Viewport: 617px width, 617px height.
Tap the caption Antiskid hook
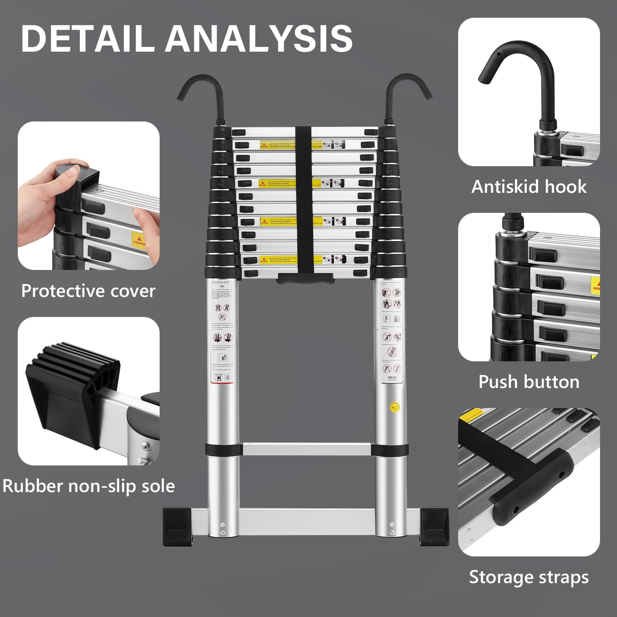[529, 187]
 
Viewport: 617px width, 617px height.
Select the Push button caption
[529, 382]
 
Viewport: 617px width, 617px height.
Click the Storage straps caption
[529, 577]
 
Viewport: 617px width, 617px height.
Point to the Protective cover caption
[88, 291]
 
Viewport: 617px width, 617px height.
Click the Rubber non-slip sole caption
[88, 486]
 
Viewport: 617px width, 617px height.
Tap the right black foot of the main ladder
[434, 526]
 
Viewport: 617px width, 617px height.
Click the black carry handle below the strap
[305, 278]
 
